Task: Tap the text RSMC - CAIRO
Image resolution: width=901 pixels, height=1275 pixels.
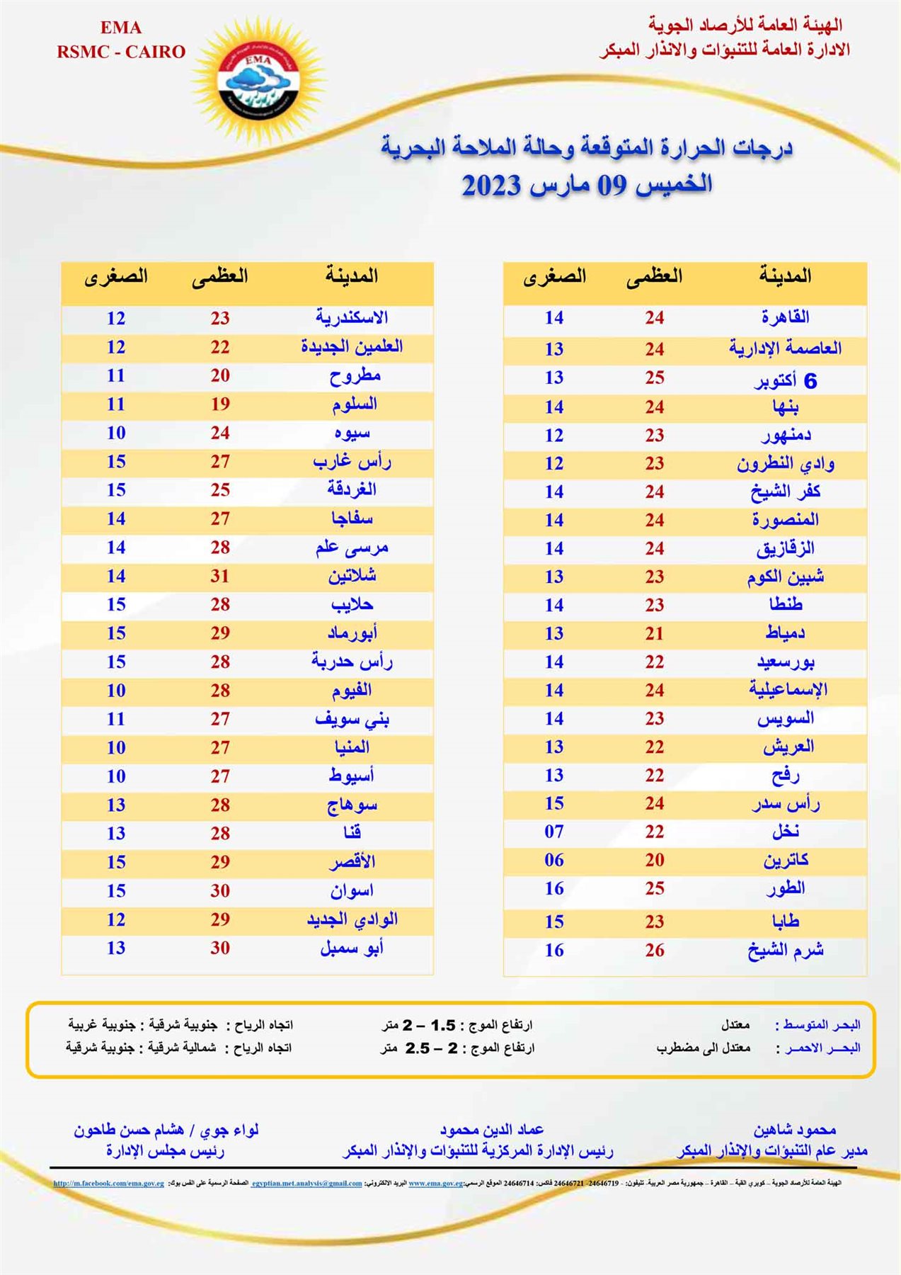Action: (121, 52)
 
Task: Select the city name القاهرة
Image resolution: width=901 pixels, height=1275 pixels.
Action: (785, 317)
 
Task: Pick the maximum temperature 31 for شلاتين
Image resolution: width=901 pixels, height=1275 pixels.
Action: (220, 576)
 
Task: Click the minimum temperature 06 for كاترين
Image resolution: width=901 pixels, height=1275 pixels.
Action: (554, 860)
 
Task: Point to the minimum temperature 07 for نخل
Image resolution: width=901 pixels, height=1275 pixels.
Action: (554, 832)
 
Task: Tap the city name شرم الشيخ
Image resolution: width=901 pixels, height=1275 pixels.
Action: (785, 951)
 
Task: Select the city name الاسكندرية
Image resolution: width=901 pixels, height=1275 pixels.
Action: (352, 317)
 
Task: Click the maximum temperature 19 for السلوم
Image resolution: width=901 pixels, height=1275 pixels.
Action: (220, 404)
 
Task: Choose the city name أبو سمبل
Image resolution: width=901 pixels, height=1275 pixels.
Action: (352, 948)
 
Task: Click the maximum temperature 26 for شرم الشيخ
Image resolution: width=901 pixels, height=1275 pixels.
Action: (655, 951)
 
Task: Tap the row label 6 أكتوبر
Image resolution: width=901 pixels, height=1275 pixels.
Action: (785, 380)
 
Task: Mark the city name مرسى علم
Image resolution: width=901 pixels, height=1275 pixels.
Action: (352, 547)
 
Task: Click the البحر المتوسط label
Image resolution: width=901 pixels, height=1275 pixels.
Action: (818, 1025)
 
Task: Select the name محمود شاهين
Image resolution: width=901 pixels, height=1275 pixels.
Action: (794, 1129)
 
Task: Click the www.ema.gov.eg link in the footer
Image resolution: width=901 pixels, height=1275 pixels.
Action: (436, 1183)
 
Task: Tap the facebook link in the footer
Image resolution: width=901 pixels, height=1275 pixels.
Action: (109, 1183)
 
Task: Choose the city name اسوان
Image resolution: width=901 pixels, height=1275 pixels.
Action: (352, 890)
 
